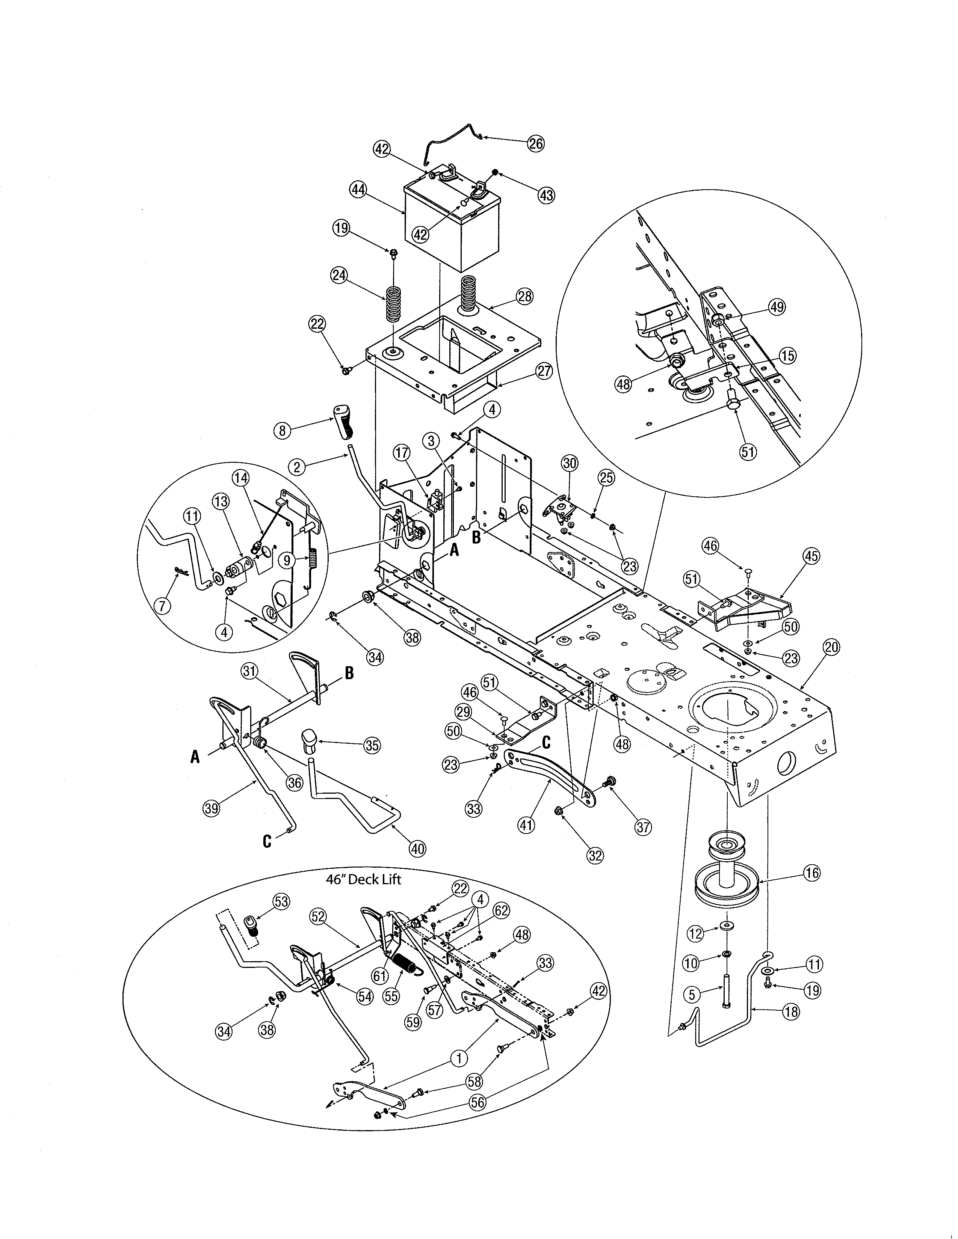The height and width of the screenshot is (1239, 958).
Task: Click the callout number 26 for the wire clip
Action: click(535, 143)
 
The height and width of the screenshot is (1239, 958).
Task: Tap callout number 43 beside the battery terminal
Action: click(546, 195)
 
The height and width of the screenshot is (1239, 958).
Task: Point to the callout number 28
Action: click(524, 296)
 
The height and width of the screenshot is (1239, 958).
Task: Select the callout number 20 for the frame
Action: click(831, 647)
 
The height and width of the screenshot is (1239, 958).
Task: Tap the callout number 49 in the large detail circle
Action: click(777, 307)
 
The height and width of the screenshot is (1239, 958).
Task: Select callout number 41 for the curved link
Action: click(526, 824)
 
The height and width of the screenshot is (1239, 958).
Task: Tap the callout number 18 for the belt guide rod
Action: click(790, 1011)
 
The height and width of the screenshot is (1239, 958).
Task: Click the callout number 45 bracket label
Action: click(811, 556)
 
